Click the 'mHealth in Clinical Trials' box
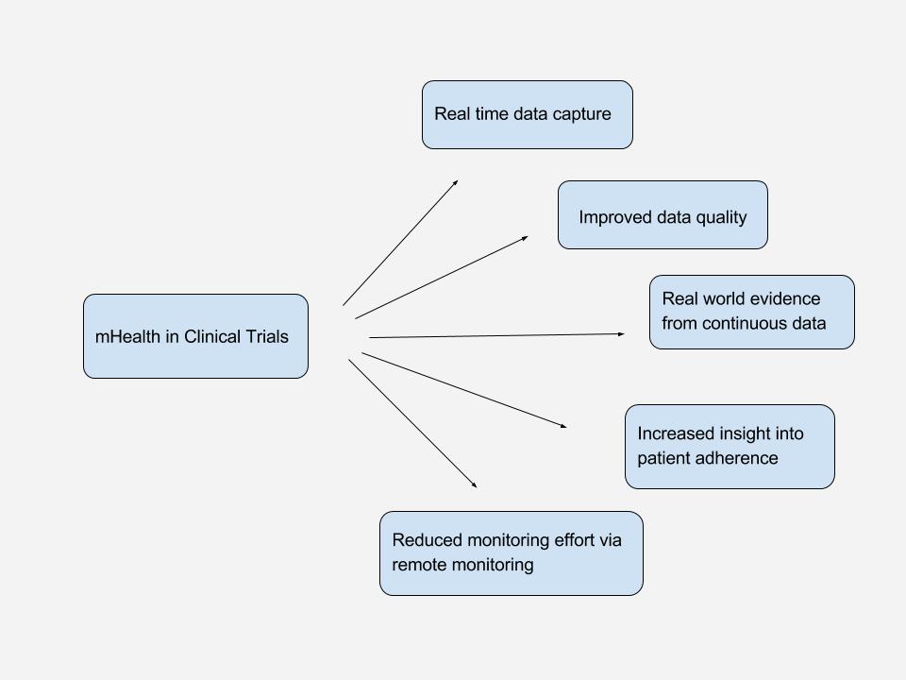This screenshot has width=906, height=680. [x=195, y=336]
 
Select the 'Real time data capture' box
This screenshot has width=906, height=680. [x=527, y=114]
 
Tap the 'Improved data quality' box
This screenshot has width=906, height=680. [x=663, y=215]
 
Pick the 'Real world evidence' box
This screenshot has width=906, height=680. [x=751, y=312]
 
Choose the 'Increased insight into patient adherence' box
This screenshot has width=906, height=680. [x=730, y=447]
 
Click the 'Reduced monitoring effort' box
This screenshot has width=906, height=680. [x=511, y=553]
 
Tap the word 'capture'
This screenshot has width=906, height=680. [x=582, y=114]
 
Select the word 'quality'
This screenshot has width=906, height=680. [x=721, y=218]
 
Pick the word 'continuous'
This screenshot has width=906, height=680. [x=745, y=324]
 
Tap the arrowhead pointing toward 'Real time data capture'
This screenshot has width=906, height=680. [x=456, y=181]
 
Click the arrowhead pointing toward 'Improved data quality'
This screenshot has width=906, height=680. [x=526, y=237]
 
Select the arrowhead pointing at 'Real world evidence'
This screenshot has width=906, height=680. [x=622, y=333]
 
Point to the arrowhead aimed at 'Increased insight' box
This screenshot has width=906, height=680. [x=564, y=427]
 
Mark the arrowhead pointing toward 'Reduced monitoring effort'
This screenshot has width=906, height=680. [x=475, y=485]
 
